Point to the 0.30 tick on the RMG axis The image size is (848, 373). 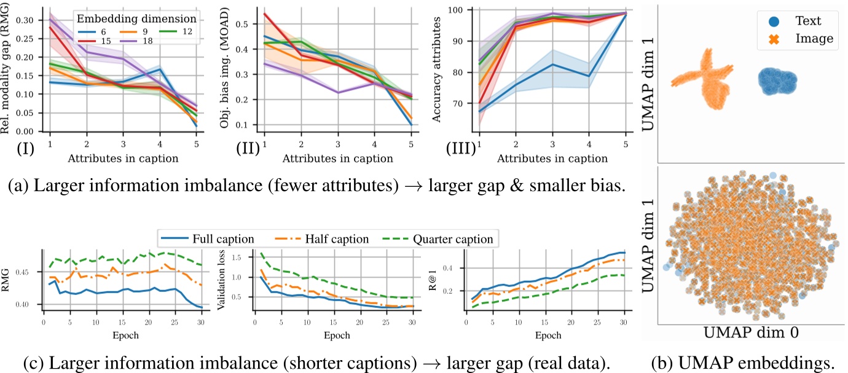(x=27, y=20)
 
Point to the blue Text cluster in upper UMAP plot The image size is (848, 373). (x=777, y=82)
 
